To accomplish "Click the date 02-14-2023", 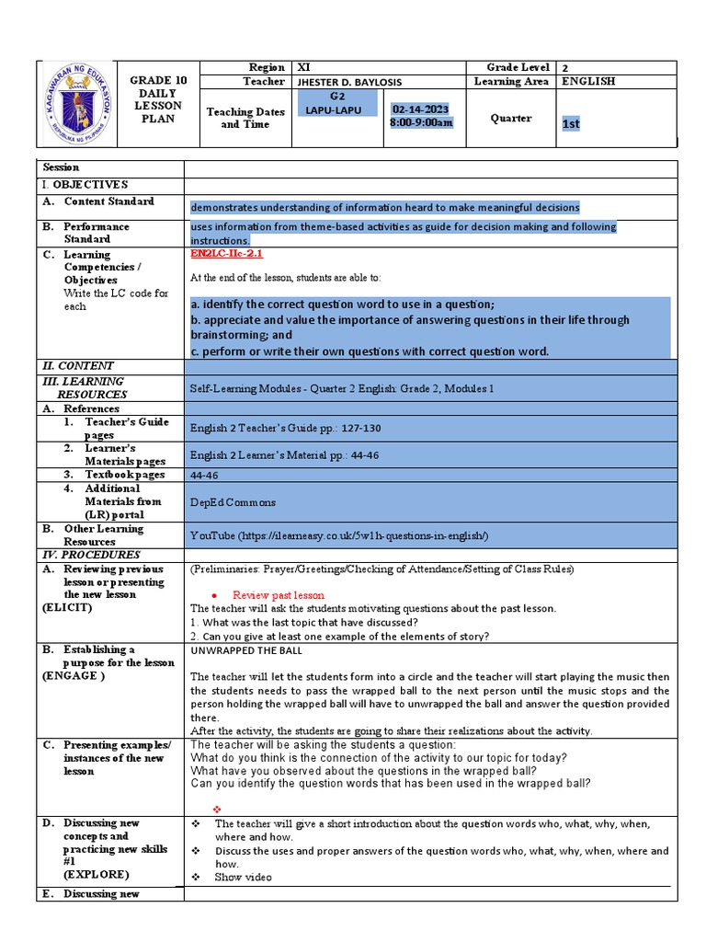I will click(423, 109).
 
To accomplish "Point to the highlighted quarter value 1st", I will click(571, 124).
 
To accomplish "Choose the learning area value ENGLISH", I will click(589, 82).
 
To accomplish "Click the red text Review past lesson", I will click(278, 595).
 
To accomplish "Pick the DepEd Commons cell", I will click(233, 502).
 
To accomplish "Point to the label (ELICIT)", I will click(67, 608).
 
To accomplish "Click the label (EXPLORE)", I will click(96, 875).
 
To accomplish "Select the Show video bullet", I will click(243, 878).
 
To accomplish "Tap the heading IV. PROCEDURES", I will click(89, 556).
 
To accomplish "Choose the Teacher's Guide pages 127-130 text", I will click(285, 428).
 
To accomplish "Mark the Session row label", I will click(62, 168).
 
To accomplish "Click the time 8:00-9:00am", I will click(423, 124).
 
